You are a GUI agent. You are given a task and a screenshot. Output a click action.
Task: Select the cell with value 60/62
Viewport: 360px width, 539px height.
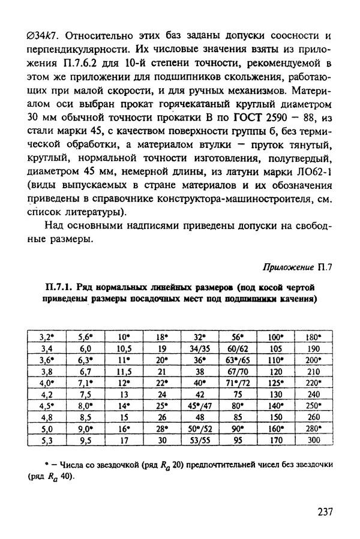[x=238, y=347]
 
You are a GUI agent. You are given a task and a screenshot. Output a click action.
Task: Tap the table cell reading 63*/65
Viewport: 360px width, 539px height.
[x=238, y=360]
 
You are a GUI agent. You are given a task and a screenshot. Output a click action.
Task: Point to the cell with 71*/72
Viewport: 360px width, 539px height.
[x=238, y=383]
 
